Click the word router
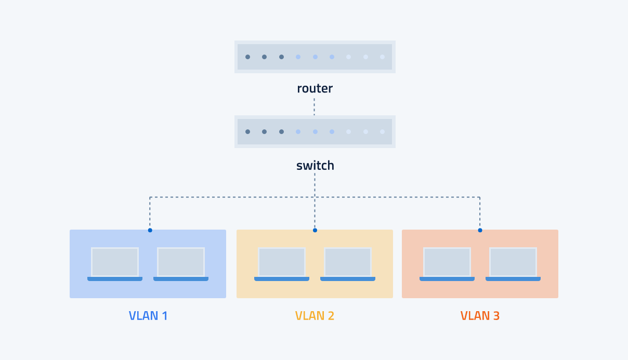pos(315,89)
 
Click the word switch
pos(315,166)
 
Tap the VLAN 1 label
pos(148,316)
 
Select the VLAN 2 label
pos(315,316)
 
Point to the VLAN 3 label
pos(480,316)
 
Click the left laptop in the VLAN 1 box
pos(115,264)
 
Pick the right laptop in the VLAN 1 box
pos(181,264)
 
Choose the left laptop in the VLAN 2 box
pos(282,264)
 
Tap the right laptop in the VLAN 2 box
pos(348,264)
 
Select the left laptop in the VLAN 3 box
pos(447,264)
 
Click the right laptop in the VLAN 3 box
pos(513,264)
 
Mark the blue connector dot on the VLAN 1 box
pos(150,230)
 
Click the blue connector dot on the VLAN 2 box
pos(315,230)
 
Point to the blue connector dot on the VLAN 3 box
pos(480,230)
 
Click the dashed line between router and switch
pos(314,106)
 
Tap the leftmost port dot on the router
pos(247,57)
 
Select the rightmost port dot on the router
pos(382,57)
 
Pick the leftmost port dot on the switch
pos(247,132)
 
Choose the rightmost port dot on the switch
pos(382,132)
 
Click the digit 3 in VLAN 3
pos(496,316)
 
